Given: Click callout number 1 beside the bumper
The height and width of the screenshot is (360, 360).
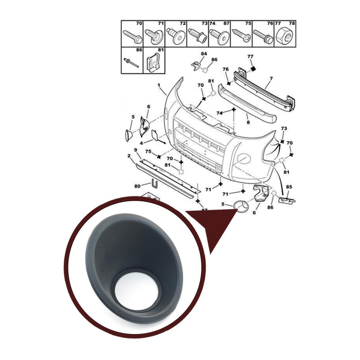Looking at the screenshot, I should coord(159,85).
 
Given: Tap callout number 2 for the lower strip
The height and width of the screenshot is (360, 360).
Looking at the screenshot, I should coord(129,155).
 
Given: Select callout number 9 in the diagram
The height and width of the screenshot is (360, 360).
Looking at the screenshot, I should coord(135,150).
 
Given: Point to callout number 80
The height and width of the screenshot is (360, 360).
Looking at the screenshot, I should coord(137,186).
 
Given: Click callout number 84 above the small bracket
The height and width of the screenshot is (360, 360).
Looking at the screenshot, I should coord(204,53).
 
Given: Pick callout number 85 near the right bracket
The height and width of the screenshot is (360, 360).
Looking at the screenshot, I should coord(289,187).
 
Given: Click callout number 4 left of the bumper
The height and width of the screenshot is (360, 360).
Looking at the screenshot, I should coord(141,143).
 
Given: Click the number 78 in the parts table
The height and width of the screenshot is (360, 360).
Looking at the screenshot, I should coord(292,24).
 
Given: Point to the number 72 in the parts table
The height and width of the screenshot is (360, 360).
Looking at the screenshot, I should coord(182,24).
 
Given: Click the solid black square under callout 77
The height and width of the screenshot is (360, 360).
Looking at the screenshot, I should coord(252,69).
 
